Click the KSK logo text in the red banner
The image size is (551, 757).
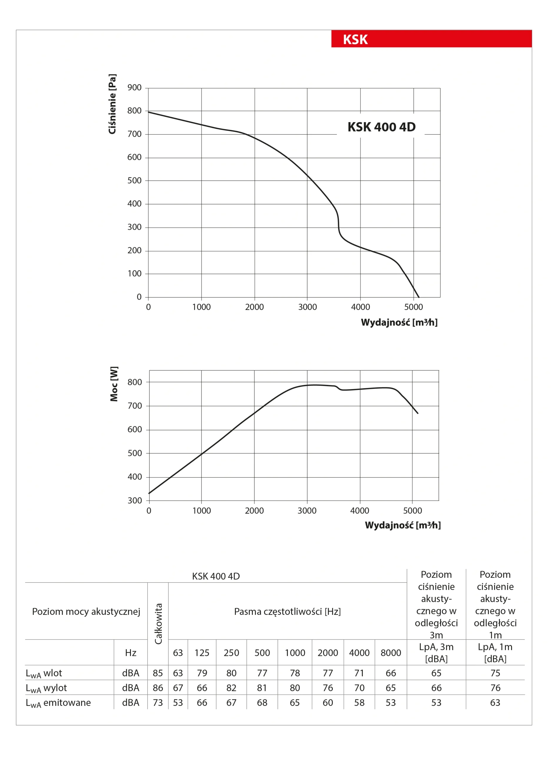(355, 39)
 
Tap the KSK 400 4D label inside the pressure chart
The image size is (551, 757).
(381, 127)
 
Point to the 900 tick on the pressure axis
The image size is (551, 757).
(134, 88)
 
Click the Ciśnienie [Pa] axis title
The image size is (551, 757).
(112, 104)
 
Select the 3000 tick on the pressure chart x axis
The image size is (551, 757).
(307, 307)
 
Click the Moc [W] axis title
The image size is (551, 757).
(114, 384)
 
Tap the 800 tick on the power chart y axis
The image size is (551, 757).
(135, 382)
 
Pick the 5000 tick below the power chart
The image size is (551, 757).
(412, 510)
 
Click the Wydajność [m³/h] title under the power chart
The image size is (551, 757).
(403, 525)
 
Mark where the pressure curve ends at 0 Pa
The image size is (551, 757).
(419, 297)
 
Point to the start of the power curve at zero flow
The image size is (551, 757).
(149, 493)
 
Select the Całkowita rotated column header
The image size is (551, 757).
(158, 624)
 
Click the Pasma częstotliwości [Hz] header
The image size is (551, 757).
(287, 612)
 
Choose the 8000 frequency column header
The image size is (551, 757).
(391, 653)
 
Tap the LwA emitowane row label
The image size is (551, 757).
(59, 703)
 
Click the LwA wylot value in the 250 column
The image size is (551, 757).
(231, 688)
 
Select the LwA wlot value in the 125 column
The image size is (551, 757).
(202, 673)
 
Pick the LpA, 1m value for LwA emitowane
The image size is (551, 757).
(495, 703)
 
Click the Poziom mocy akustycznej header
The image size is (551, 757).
(86, 612)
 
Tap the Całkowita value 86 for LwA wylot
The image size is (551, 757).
(158, 688)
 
